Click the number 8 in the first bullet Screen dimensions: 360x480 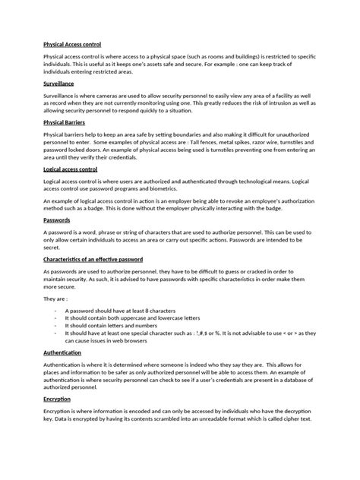153,311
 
